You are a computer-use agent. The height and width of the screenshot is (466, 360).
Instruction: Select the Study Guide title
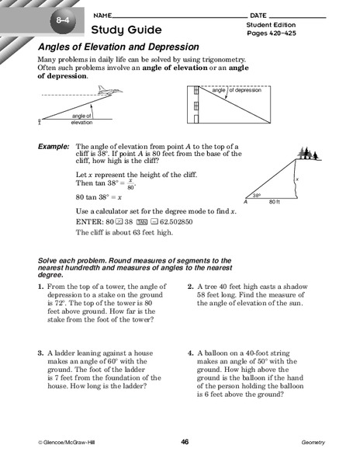coord(126,30)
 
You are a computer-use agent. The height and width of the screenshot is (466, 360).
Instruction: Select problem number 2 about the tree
coord(190,287)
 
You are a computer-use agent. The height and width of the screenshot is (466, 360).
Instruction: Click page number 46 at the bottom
coord(185,441)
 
